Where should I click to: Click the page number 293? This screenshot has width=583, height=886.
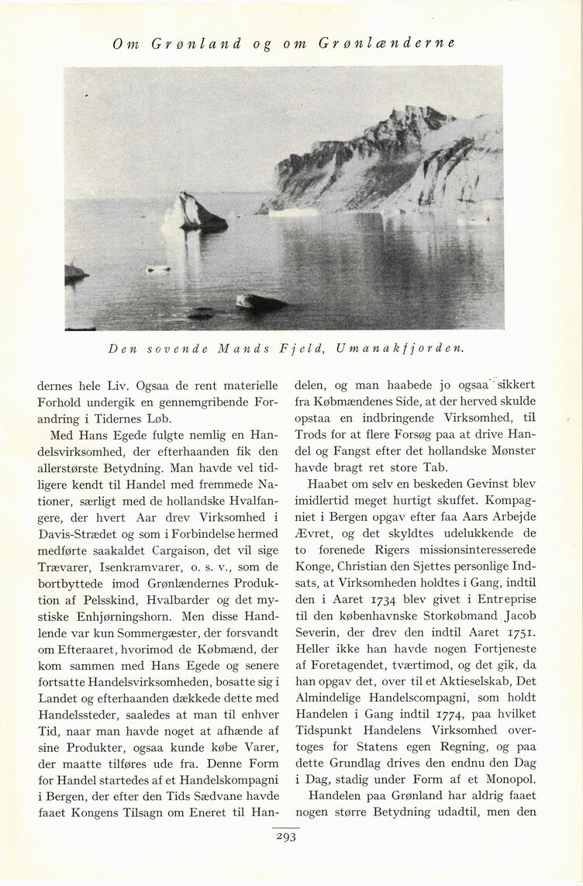coord(287,836)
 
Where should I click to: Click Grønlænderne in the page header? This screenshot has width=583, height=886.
coord(387,43)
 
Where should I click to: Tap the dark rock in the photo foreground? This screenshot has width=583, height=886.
coord(260,302)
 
